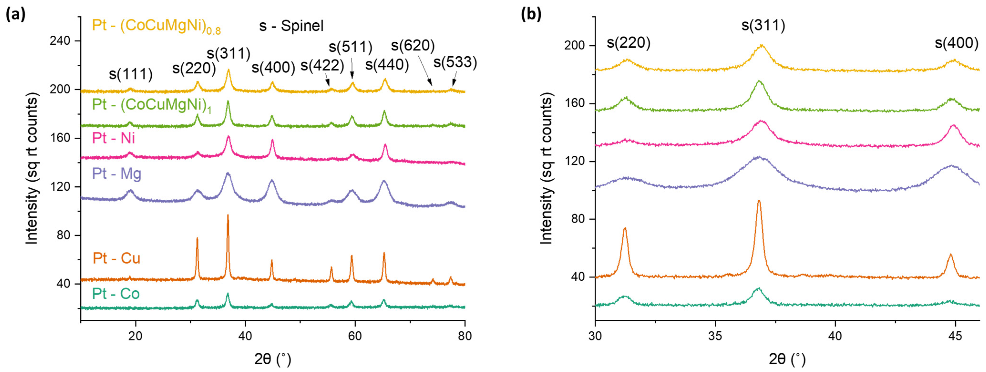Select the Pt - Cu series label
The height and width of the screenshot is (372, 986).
point(116,258)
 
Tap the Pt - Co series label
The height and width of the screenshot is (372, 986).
point(116,294)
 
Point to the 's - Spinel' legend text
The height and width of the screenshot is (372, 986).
point(291,26)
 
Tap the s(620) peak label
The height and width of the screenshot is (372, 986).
point(413,46)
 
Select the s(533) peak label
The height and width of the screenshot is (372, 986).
point(455,62)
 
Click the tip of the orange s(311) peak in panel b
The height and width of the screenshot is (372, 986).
point(759,201)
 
